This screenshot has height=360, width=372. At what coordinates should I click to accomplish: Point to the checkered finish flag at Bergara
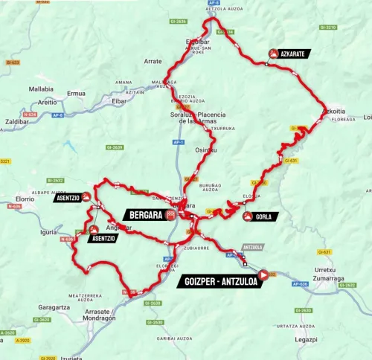click(170, 214)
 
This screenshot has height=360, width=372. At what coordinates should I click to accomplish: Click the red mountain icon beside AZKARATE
click(274, 54)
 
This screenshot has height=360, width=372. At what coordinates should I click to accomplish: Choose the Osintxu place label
click(205, 149)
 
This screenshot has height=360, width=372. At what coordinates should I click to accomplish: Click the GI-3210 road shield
click(328, 28)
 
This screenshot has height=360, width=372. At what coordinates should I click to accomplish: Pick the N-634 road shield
click(31, 115)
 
